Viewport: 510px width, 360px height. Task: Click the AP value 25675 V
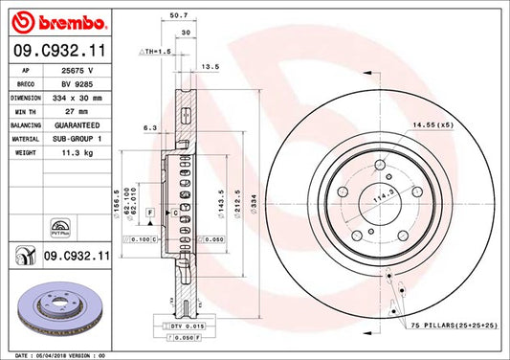(78, 71)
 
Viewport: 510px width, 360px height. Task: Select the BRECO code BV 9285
(78, 84)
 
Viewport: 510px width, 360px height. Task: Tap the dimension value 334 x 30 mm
(82, 98)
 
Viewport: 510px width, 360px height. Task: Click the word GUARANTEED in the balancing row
(82, 124)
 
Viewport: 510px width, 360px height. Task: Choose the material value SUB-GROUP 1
(82, 138)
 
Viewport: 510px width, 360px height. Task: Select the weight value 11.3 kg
(78, 151)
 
